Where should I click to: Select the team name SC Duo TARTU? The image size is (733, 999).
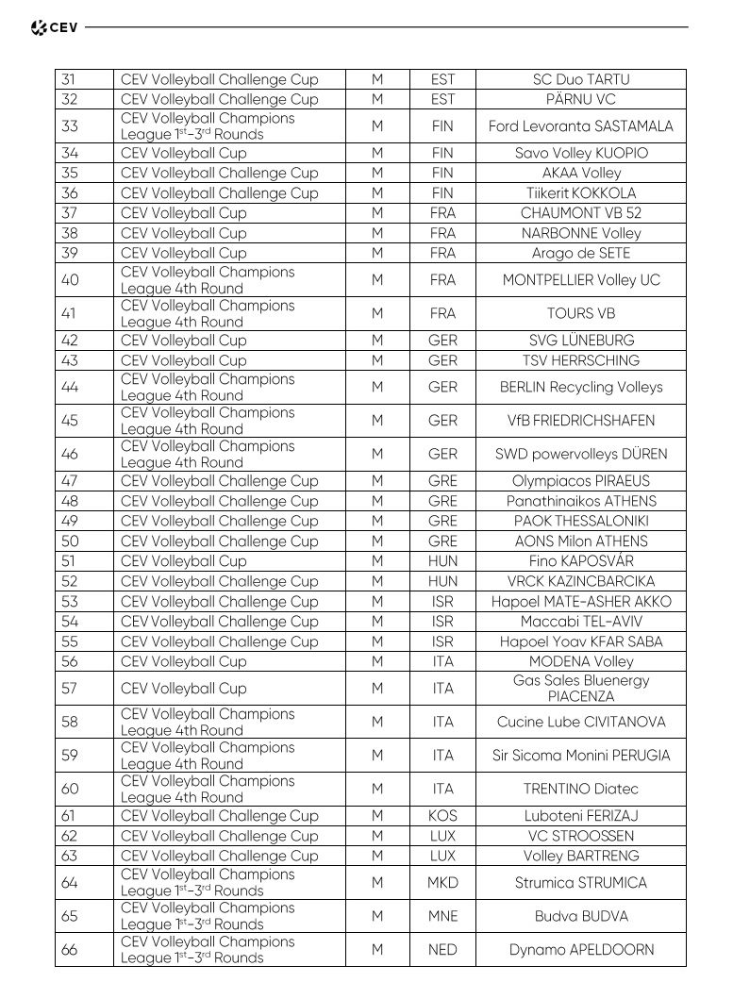pyautogui.click(x=580, y=79)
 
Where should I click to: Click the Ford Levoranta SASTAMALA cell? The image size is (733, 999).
pyautogui.click(x=580, y=125)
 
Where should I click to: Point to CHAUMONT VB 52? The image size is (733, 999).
pyautogui.click(x=580, y=213)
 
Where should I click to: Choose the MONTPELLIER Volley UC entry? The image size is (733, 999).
pyautogui.click(x=580, y=279)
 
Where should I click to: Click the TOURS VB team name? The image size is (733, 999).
pyautogui.click(x=580, y=313)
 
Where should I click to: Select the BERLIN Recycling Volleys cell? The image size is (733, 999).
pyautogui.click(x=580, y=387)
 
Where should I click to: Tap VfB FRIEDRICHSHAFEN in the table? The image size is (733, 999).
pyautogui.click(x=580, y=420)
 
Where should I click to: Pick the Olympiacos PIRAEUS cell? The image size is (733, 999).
pyautogui.click(x=580, y=480)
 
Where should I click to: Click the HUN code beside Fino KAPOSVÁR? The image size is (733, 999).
pyautogui.click(x=442, y=561)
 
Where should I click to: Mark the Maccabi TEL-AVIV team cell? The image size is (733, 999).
pyautogui.click(x=580, y=622)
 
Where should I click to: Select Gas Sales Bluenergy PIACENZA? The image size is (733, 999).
pyautogui.click(x=580, y=688)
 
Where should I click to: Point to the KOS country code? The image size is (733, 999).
pyautogui.click(x=442, y=816)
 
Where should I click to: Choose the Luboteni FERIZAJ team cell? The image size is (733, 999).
pyautogui.click(x=580, y=816)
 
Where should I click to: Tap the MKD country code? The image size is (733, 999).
pyautogui.click(x=442, y=882)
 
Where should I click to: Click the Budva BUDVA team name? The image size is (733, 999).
pyautogui.click(x=580, y=916)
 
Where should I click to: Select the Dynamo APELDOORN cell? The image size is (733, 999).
pyautogui.click(x=580, y=949)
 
